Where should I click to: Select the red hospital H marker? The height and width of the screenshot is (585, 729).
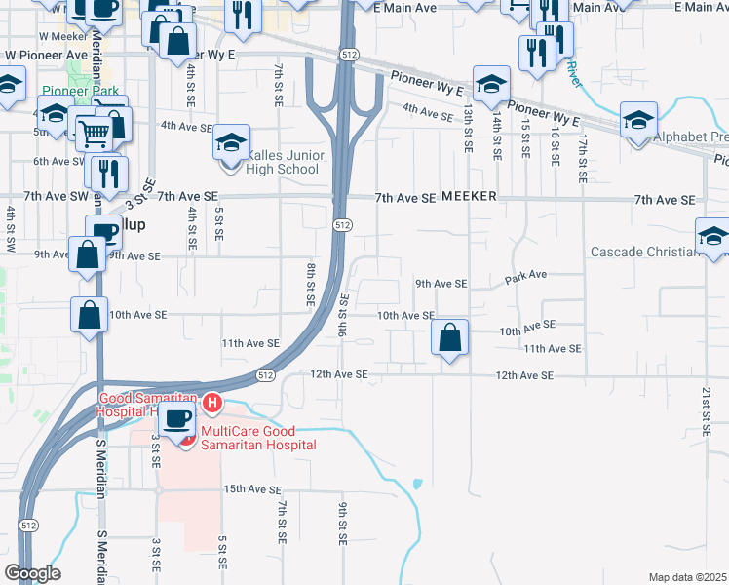(211, 402)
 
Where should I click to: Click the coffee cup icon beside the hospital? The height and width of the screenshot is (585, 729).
(175, 419)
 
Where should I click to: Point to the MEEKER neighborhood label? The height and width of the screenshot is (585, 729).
(469, 197)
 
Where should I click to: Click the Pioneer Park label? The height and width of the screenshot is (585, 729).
(80, 91)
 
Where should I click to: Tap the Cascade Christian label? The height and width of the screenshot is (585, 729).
(643, 253)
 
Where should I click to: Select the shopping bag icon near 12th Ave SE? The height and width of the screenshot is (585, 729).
(450, 338)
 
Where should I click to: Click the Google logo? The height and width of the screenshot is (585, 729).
(32, 572)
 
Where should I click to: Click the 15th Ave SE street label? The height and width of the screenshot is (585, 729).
(252, 489)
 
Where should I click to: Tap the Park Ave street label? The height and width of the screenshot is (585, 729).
(526, 277)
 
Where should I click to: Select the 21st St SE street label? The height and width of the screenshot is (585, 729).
(705, 409)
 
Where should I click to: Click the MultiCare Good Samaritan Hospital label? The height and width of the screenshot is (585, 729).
(258, 438)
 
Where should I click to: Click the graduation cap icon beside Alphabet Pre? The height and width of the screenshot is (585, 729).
(638, 121)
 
